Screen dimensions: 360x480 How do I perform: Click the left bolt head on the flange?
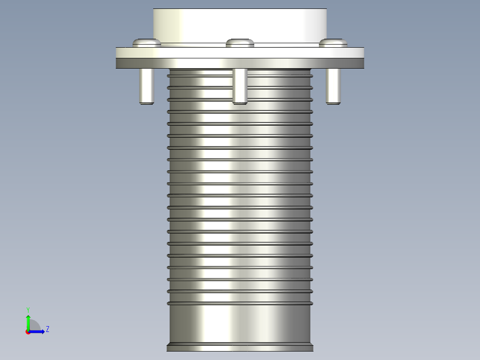coord(146,42)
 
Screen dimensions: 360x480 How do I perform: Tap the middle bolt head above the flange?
coord(240,43)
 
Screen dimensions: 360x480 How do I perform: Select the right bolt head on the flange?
coord(333,42)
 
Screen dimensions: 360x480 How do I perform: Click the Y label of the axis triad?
coord(28,309)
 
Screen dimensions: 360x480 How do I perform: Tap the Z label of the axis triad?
coord(47,329)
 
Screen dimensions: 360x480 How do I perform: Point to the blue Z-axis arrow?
coord(38,331)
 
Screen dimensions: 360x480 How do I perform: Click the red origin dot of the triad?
coord(28,332)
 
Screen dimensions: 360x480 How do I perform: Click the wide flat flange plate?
coord(240,58)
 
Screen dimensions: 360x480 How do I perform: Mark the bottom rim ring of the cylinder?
coord(240,347)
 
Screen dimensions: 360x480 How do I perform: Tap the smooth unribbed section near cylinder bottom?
coord(240,323)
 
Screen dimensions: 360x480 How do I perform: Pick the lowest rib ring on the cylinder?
coord(240,303)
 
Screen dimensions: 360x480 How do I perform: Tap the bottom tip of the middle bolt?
coord(240,103)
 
